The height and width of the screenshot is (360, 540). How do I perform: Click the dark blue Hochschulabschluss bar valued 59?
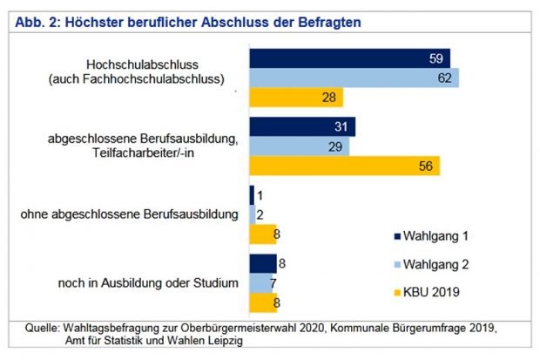point(348,58)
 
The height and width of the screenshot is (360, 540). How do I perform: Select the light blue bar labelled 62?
point(354,78)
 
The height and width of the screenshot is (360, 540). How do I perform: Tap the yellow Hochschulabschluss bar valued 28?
point(296,97)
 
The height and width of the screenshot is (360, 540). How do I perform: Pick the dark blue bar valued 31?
point(301,127)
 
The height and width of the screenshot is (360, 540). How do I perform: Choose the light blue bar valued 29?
point(299,146)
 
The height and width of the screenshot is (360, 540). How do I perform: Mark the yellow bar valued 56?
point(344,166)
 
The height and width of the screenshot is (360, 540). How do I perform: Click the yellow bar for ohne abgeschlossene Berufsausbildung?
point(263,234)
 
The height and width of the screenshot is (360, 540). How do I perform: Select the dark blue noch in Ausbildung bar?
point(263,264)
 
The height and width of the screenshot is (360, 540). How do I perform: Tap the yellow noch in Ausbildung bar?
point(263,302)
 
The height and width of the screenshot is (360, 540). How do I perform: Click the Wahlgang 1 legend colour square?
point(396,235)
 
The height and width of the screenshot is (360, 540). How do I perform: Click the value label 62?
point(445,78)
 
